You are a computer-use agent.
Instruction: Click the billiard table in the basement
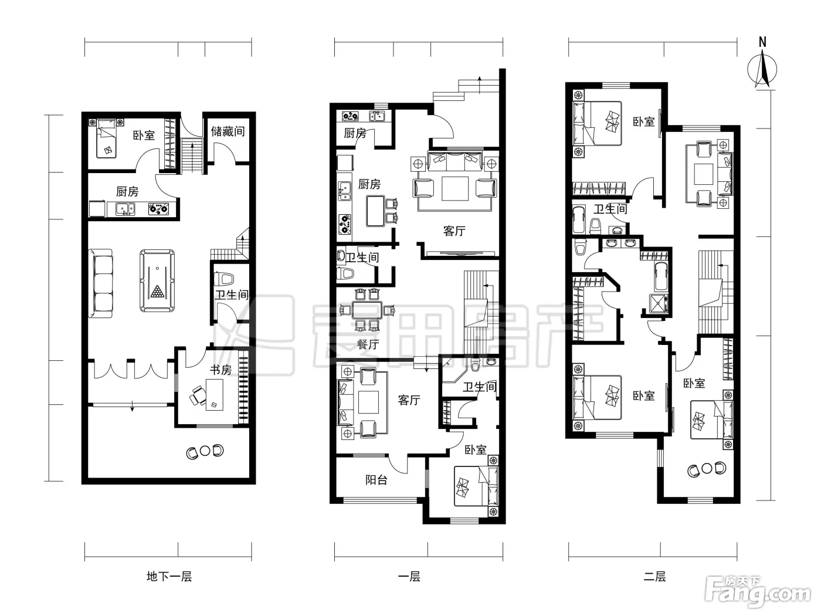pyautogui.click(x=157, y=280)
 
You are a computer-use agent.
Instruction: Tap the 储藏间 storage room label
pyautogui.click(x=228, y=131)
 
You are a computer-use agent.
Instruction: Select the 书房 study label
pyautogui.click(x=220, y=370)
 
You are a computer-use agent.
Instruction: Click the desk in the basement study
pyautogui.click(x=215, y=395)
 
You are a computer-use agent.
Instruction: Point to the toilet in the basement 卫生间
pyautogui.click(x=224, y=279)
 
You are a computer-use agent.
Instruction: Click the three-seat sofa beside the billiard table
pyautogui.click(x=101, y=283)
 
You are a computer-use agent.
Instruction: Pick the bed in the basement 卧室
pyautogui.click(x=107, y=138)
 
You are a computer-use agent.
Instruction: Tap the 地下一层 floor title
pyautogui.click(x=169, y=576)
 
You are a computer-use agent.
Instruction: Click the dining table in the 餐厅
pyautogui.click(x=367, y=310)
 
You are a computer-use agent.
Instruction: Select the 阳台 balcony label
pyautogui.click(x=376, y=480)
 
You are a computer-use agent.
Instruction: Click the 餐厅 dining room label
pyautogui.click(x=368, y=344)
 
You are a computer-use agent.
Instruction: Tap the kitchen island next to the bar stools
pyautogui.click(x=375, y=211)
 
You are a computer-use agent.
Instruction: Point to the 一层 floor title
pyautogui.click(x=409, y=576)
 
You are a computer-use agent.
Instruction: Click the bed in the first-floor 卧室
pyautogui.click(x=477, y=486)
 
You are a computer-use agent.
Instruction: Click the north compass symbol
pyautogui.click(x=762, y=70)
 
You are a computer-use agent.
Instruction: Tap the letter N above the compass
pyautogui.click(x=762, y=42)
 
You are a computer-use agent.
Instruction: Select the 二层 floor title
pyautogui.click(x=654, y=576)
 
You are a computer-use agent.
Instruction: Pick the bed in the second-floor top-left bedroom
pyautogui.click(x=598, y=123)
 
